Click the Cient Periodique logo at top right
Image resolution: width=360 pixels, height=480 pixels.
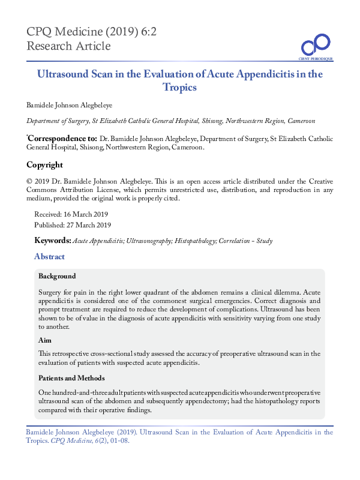pyautogui.click(x=316, y=47)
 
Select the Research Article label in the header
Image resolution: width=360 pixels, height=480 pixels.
pyautogui.click(x=68, y=46)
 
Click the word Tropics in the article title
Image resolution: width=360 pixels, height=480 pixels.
pyautogui.click(x=179, y=87)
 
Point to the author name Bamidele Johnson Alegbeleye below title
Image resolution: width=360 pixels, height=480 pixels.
pyautogui.click(x=70, y=104)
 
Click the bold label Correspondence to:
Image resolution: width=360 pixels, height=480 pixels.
pyautogui.click(x=62, y=137)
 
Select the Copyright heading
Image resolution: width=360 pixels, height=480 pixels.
pyautogui.click(x=44, y=165)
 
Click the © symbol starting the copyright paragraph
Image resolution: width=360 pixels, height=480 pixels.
pyautogui.click(x=29, y=181)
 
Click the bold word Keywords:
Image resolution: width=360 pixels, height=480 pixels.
pyautogui.click(x=53, y=241)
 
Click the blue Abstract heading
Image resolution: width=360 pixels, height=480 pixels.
pyautogui.click(x=49, y=257)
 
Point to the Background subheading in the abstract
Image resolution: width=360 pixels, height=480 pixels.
pyautogui.click(x=57, y=277)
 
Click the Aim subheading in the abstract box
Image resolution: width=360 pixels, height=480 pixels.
pyautogui.click(x=45, y=340)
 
